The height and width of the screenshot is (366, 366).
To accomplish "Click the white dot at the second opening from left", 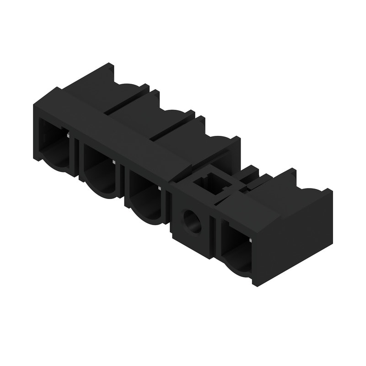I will [x=113, y=161].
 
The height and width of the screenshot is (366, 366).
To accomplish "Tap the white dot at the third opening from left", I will [x=159, y=188].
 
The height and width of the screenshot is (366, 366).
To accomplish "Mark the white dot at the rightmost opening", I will [x=251, y=239].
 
